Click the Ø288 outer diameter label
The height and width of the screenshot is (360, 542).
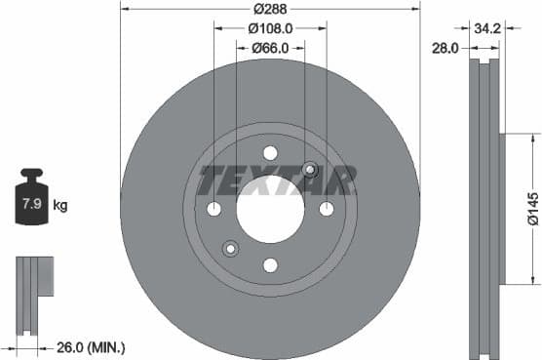pyautogui.click(x=270, y=9)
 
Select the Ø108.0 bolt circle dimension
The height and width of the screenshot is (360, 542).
pyautogui.click(x=270, y=28)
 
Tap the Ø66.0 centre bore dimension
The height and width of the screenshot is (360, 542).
pyautogui.click(x=270, y=48)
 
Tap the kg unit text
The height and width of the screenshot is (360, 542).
pyautogui.click(x=59, y=206)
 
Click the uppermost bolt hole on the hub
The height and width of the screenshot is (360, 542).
pyautogui.click(x=270, y=152)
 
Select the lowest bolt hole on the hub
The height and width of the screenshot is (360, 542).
pyautogui.click(x=270, y=264)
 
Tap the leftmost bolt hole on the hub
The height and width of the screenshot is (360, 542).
pyautogui.click(x=214, y=209)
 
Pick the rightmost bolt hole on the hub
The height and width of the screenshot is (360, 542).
pyautogui.click(x=327, y=209)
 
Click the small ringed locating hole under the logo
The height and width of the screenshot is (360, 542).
pyautogui.click(x=310, y=170)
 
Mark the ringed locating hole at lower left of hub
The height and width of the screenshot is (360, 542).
pyautogui.click(x=231, y=248)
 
